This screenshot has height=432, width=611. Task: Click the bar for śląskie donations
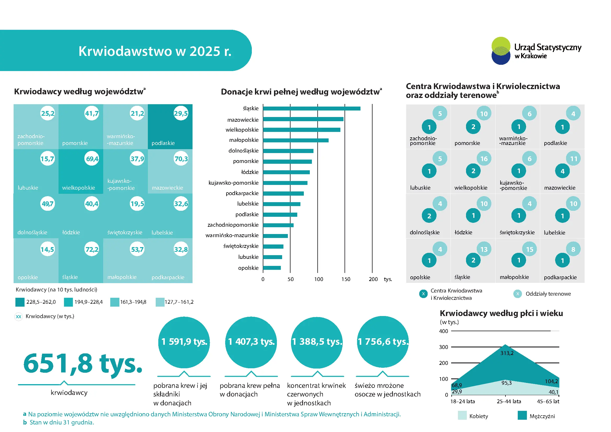click(x=312, y=109)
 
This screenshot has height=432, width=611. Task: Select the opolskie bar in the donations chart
click(x=272, y=268)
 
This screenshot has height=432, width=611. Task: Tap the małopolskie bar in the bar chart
click(x=296, y=140)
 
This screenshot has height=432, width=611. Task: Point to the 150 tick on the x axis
click(x=346, y=279)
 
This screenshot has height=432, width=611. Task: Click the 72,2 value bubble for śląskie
click(x=92, y=249)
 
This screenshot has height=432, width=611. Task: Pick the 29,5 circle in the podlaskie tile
click(x=181, y=113)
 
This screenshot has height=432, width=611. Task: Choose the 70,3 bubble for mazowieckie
click(x=181, y=159)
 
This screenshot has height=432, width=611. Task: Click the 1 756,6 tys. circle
click(x=383, y=342)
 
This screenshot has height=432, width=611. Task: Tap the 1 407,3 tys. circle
click(x=251, y=342)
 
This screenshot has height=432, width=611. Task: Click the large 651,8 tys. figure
click(x=83, y=363)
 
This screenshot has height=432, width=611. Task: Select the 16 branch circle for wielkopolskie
click(x=484, y=159)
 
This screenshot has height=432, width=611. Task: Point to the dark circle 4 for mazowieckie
click(x=562, y=171)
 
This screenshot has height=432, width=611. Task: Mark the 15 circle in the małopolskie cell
click(x=529, y=249)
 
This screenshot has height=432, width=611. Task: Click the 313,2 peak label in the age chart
click(x=507, y=353)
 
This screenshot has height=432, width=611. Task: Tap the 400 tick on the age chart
click(x=444, y=331)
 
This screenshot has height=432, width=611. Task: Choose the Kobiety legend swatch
click(x=462, y=416)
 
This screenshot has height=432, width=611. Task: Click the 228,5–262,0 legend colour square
click(x=20, y=302)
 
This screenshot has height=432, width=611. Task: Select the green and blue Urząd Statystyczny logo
click(x=501, y=51)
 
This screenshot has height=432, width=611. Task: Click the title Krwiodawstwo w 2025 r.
click(x=155, y=51)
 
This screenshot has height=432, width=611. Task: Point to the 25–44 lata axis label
click(x=509, y=401)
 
